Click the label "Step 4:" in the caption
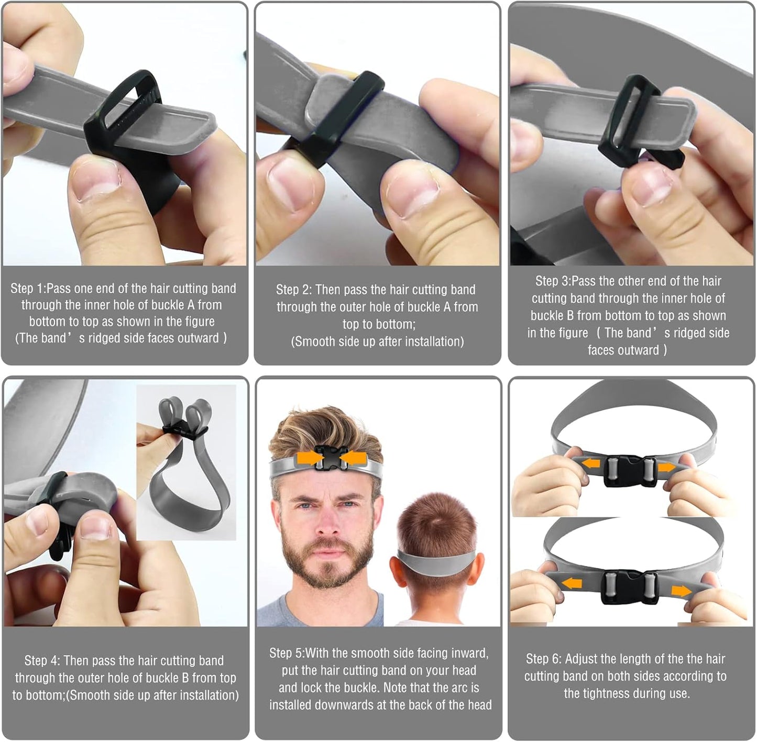(42, 660)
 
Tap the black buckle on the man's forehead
(328, 457)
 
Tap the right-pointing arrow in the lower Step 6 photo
(681, 591)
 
